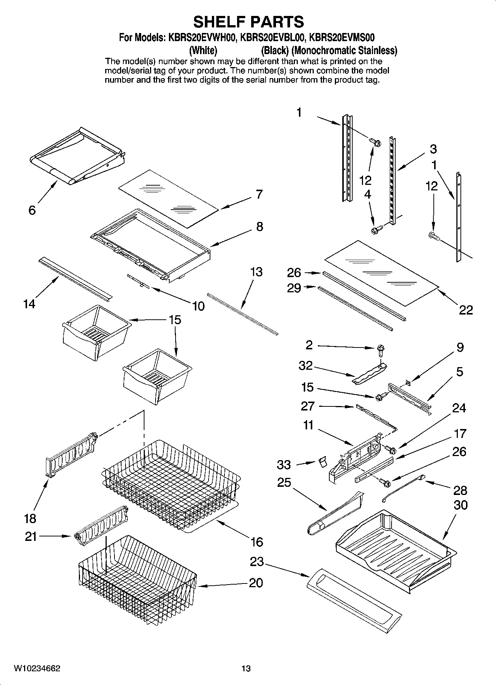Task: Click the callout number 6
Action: [x=32, y=210]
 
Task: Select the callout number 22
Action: [x=466, y=310]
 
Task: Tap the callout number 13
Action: [x=256, y=272]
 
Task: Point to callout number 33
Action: [x=284, y=464]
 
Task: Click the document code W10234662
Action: [x=37, y=668]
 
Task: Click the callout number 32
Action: [x=306, y=366]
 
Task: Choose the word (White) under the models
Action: [x=203, y=50]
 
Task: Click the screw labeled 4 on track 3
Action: [x=376, y=230]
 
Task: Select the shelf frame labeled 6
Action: [x=76, y=156]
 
